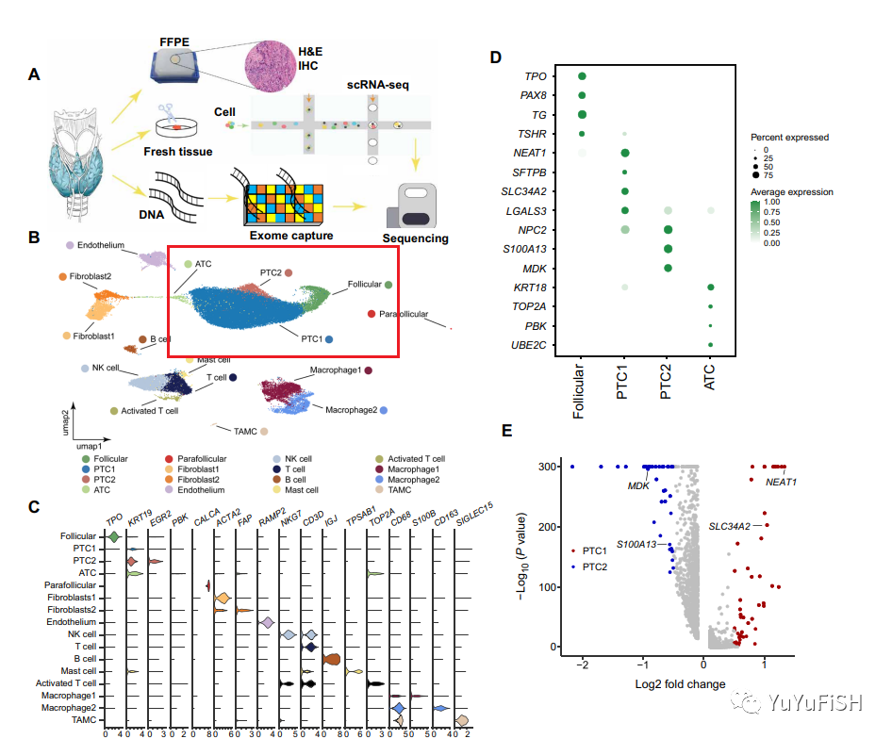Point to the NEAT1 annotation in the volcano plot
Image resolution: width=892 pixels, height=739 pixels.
click(782, 482)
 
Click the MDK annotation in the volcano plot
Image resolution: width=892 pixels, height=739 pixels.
click(640, 485)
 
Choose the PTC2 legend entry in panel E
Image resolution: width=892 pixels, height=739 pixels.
click(596, 566)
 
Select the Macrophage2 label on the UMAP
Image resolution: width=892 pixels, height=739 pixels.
click(352, 411)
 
